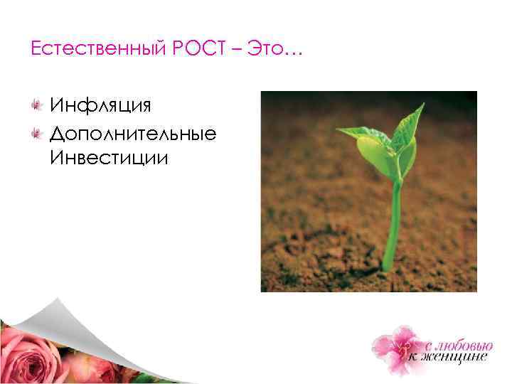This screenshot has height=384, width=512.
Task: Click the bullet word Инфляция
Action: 100,105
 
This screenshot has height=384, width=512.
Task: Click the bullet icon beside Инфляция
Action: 35,106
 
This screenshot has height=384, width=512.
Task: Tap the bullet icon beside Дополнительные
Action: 35,132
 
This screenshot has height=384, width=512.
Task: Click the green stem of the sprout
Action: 392,220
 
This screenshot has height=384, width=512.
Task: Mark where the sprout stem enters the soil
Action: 388,267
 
